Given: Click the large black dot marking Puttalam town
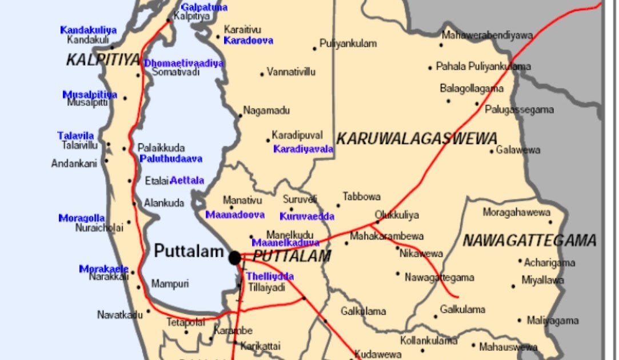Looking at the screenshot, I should pyautogui.click(x=234, y=258).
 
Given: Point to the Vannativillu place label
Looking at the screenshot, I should pyautogui.click(x=291, y=73).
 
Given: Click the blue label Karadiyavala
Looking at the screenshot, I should pyautogui.click(x=303, y=149).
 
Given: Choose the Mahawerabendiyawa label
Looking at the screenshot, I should pyautogui.click(x=487, y=35).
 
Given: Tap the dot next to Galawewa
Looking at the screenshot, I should pyautogui.click(x=492, y=151).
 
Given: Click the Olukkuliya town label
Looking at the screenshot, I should pyautogui.click(x=397, y=215).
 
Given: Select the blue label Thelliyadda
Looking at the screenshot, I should pyautogui.click(x=270, y=277).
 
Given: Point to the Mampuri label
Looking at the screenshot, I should pyautogui.click(x=170, y=283).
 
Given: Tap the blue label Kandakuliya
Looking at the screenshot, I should pyautogui.click(x=88, y=30).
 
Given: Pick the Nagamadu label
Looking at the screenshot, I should pyautogui.click(x=266, y=110).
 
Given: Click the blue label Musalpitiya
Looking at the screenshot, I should pyautogui.click(x=90, y=94).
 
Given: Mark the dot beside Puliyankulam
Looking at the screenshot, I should pyautogui.click(x=314, y=49).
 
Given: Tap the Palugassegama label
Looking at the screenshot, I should pyautogui.click(x=519, y=110).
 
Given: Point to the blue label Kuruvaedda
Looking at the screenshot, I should pyautogui.click(x=307, y=217).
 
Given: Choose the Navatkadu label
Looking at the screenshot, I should pyautogui.click(x=120, y=315).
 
